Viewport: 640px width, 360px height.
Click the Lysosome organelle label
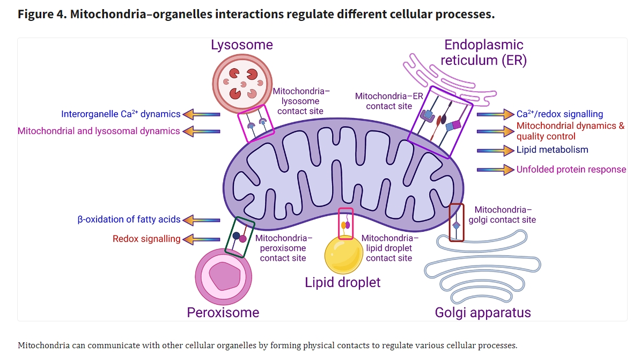241,45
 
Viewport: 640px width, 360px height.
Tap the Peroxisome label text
223,312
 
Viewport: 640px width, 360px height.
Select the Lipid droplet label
342,282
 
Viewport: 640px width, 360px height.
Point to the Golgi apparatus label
483,312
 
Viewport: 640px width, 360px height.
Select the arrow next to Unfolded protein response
495,170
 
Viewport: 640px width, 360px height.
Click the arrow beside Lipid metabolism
495,150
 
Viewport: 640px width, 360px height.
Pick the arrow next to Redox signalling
201,239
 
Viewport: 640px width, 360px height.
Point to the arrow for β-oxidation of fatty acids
201,219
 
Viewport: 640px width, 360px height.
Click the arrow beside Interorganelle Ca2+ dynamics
201,114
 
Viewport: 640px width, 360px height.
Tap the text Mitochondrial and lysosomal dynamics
99,131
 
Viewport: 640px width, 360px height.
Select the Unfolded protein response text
571,170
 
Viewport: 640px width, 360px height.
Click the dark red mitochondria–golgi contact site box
456,222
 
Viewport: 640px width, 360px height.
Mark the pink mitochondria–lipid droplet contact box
346,223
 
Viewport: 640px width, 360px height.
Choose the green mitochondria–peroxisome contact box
240,237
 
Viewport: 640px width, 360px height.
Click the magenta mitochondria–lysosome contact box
256,124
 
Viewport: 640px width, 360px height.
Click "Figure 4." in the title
42,14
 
